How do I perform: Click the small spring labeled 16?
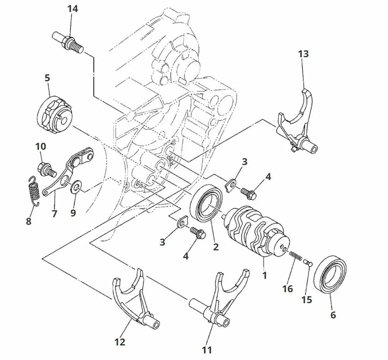[x=296, y=255]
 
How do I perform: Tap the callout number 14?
[x=73, y=9]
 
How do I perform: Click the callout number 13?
[x=303, y=54]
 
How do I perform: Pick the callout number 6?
[x=333, y=315]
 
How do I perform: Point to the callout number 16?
[x=288, y=289]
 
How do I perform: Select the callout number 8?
[x=29, y=222]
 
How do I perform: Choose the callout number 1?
[x=265, y=276]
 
